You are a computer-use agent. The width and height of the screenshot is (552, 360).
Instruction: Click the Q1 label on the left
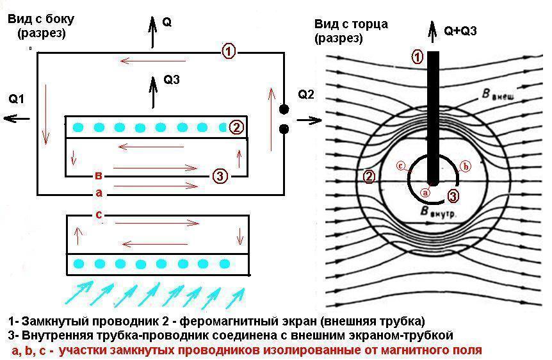click(16, 99)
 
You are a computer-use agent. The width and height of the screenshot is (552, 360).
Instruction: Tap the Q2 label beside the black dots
click(306, 95)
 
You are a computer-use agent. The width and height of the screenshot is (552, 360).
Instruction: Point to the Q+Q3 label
click(461, 30)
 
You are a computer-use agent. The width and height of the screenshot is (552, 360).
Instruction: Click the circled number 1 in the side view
click(229, 52)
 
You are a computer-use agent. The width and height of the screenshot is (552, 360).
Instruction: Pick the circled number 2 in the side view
click(236, 127)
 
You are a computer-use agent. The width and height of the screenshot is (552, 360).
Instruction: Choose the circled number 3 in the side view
click(219, 176)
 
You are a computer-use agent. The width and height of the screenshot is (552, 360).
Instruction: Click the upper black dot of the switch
click(284, 110)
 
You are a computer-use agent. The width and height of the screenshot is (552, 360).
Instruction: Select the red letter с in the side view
click(98, 214)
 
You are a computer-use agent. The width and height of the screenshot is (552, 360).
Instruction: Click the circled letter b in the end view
click(466, 167)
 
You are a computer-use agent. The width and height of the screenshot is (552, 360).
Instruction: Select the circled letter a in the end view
click(423, 191)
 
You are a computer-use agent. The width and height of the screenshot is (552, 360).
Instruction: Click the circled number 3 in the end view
click(453, 196)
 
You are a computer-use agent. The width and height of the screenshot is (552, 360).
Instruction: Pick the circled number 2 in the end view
click(369, 176)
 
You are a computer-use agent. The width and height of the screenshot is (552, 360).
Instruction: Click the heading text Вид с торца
click(351, 24)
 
